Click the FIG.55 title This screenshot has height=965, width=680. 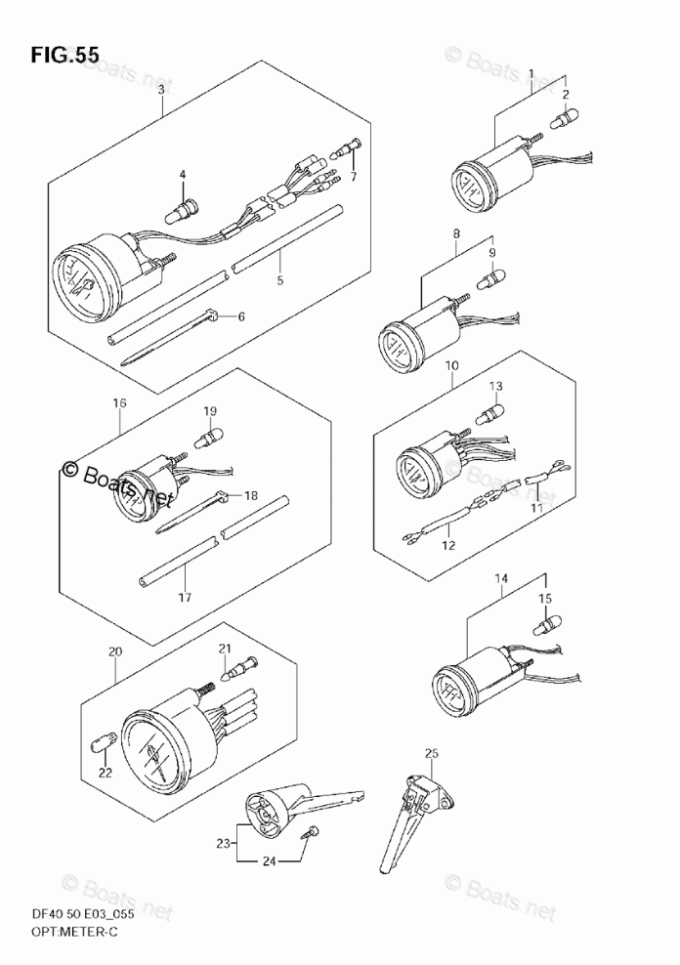[x=64, y=56]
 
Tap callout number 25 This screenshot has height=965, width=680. [x=431, y=752]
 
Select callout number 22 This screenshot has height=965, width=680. [x=105, y=774]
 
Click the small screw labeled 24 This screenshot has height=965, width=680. [x=313, y=831]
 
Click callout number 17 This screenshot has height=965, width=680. [x=185, y=597]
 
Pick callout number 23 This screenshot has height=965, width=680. [x=223, y=842]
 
